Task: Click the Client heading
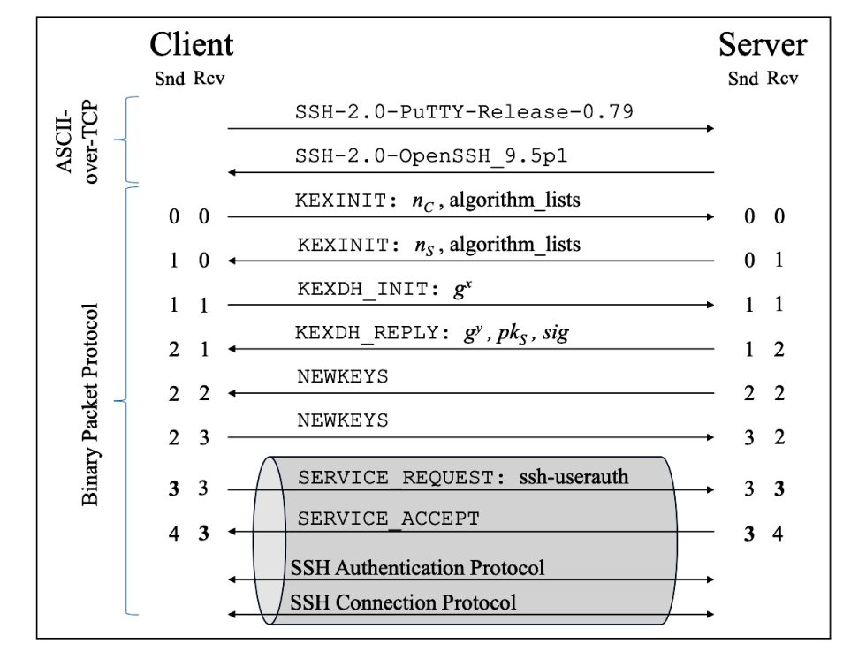(192, 43)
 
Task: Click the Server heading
(763, 43)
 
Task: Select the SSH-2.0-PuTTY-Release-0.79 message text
(464, 112)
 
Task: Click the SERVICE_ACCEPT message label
(388, 519)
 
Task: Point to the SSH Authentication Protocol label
(417, 567)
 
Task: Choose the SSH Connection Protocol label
(403, 602)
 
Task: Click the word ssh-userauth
(574, 477)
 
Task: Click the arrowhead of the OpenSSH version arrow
(233, 172)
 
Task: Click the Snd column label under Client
(169, 79)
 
